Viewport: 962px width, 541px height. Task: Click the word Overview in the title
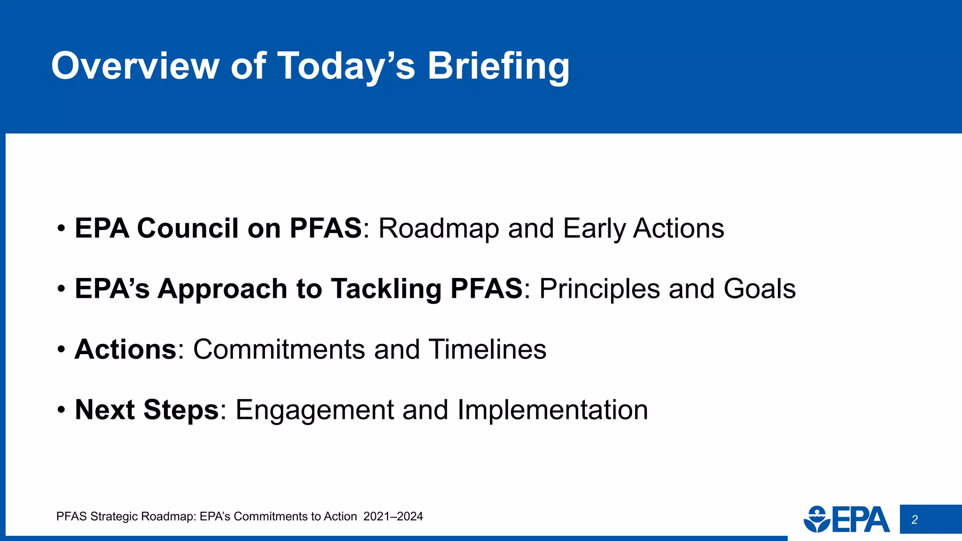click(x=135, y=66)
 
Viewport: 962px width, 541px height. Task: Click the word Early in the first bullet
click(x=594, y=228)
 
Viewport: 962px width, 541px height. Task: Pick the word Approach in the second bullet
click(x=222, y=288)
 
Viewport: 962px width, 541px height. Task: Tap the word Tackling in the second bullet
click(x=386, y=288)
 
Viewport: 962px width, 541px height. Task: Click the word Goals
click(x=760, y=288)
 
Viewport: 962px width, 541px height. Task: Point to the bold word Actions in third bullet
click(x=125, y=349)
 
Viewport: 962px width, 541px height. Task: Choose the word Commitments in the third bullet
click(x=279, y=349)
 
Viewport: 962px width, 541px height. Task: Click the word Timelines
click(x=488, y=349)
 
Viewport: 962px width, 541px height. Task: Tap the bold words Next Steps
click(x=147, y=410)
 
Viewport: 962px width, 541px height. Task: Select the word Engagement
click(x=314, y=410)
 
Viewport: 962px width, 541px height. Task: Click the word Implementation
click(x=552, y=410)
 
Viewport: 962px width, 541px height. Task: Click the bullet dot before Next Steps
click(x=61, y=410)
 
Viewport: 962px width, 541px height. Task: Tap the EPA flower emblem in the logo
click(x=817, y=519)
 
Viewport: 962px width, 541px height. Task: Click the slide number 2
click(x=915, y=520)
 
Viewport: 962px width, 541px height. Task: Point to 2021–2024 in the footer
click(x=393, y=517)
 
